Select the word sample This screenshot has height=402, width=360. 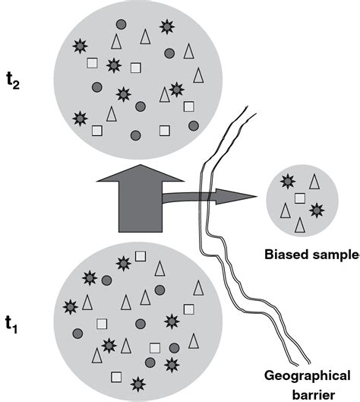pos(334,255)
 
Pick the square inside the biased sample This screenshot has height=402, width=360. pos(300,198)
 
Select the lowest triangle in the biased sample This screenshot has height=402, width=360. pos(301,224)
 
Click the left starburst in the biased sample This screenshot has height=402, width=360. pos(287,181)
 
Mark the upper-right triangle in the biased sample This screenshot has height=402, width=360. pos(314,181)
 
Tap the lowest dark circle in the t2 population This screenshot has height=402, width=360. pos(135,135)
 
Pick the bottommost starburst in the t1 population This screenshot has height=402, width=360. pos(137,381)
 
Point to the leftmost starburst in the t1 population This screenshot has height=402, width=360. pos(71,306)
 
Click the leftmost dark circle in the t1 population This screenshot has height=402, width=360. pos(77,333)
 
